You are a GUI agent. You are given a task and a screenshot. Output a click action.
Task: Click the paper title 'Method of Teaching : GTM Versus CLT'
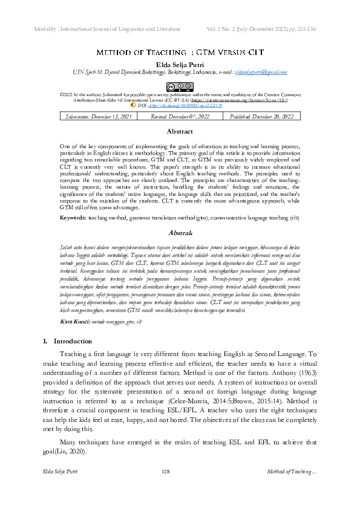coord(180,53)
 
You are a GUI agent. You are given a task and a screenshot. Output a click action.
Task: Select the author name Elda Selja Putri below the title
coord(180,63)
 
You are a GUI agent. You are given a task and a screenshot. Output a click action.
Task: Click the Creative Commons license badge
coord(180,86)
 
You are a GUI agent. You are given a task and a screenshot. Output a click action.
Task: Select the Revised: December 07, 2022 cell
coord(179,116)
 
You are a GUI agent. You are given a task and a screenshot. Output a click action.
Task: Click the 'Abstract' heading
coord(180,131)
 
